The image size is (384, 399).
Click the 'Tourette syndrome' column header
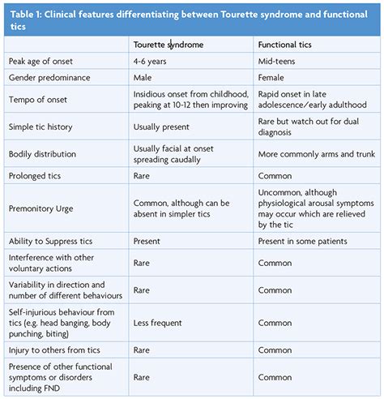point(169,45)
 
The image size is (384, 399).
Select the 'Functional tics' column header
point(286,45)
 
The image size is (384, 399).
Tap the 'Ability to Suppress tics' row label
point(55,241)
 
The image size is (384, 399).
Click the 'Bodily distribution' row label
point(47,152)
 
